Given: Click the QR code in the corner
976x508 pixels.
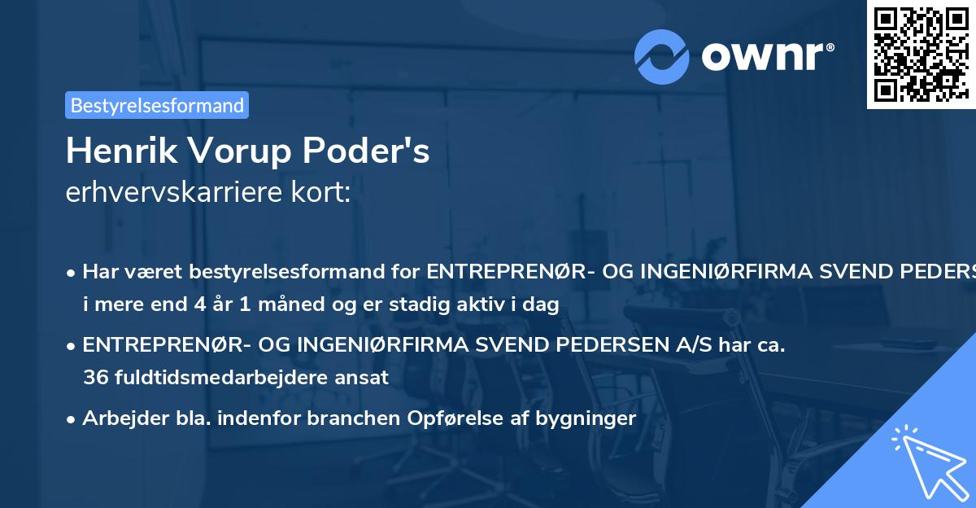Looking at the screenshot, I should pos(921,54).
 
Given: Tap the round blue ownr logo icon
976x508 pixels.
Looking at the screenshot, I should pos(662,56).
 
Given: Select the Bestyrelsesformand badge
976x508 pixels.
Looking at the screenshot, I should pos(156,105).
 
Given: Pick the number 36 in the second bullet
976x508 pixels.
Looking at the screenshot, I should pos(94,378).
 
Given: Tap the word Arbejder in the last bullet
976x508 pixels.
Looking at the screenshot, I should pos(119,418).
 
